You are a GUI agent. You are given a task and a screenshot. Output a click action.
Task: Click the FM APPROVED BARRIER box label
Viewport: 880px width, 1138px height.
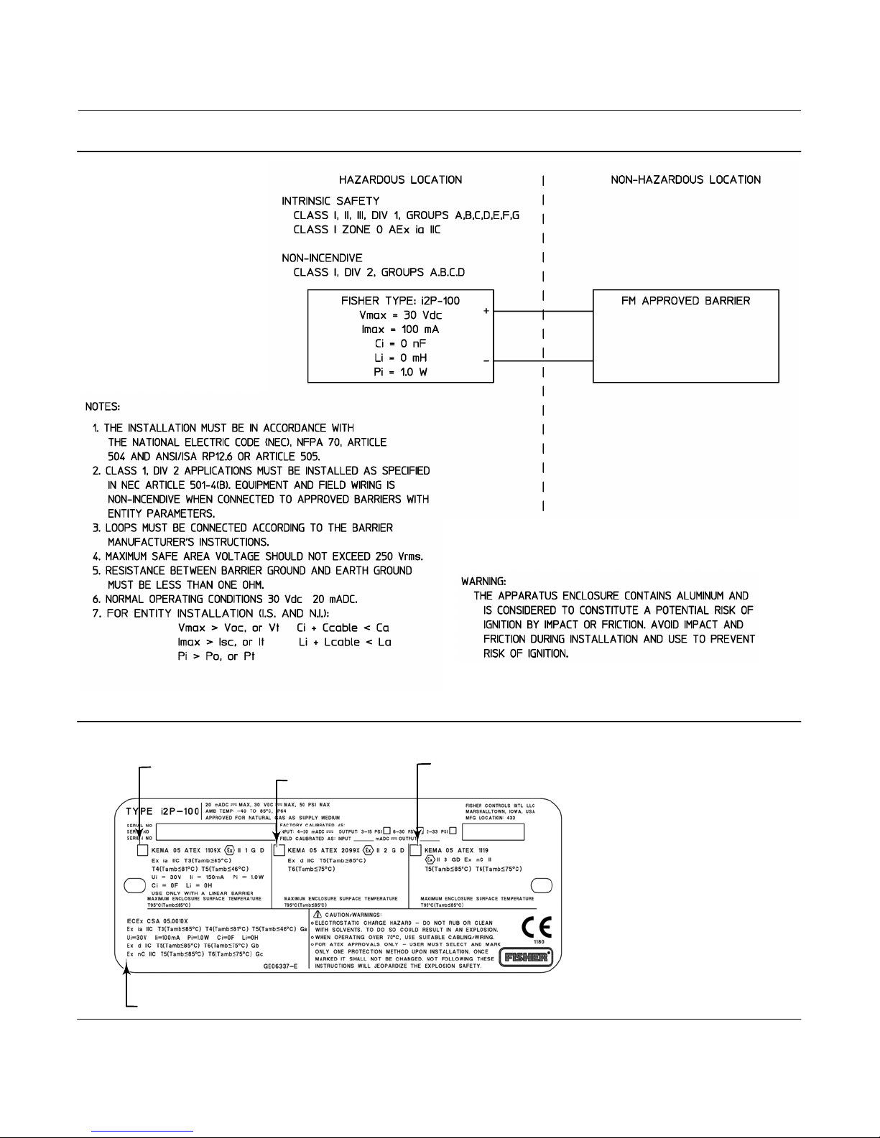coord(685,301)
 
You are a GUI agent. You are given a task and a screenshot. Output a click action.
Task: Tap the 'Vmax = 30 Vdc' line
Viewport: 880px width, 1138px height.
coord(400,315)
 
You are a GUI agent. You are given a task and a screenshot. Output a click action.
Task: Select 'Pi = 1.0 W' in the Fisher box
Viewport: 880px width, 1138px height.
coord(400,372)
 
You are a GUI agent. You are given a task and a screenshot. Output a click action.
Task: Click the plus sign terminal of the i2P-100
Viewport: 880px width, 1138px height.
coord(487,312)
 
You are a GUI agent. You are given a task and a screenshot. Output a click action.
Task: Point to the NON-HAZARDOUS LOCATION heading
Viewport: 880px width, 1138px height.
coord(685,179)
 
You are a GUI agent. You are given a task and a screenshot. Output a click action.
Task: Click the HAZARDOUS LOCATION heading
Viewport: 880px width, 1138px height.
coord(401,179)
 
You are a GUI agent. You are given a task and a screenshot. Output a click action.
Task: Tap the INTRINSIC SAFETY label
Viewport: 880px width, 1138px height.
coord(330,201)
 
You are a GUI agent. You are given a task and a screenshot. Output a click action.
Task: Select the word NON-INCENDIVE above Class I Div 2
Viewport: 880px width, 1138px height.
coord(322,258)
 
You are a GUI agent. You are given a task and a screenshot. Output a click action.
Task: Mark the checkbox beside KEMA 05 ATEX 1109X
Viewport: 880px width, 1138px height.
coord(142,850)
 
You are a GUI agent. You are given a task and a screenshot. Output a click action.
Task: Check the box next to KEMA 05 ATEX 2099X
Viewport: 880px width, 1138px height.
coord(279,850)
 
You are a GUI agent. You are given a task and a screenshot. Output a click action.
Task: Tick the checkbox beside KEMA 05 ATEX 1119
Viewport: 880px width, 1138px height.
coord(415,850)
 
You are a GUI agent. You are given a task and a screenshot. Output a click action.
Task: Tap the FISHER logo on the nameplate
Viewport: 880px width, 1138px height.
coord(528,956)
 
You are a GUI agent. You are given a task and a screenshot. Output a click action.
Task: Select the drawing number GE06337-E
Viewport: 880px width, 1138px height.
coord(284,966)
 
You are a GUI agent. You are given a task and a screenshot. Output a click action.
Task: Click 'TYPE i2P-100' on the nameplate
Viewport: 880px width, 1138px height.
coord(163,811)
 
